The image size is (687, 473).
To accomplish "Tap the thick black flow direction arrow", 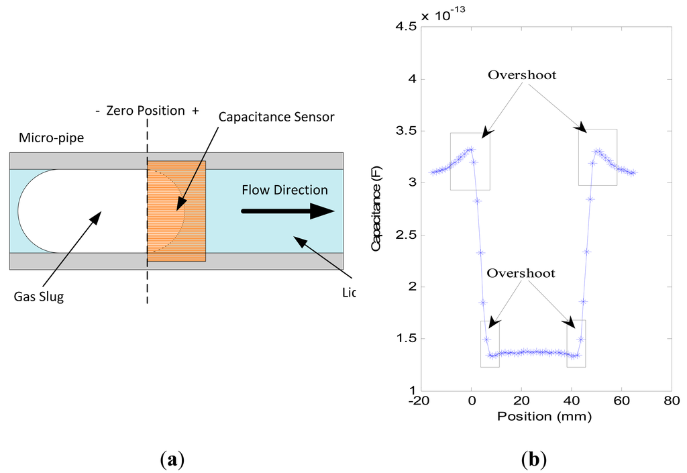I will coord(288,211).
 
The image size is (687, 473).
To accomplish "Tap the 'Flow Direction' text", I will coord(285,190).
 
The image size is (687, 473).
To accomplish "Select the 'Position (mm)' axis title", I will coord(544,417).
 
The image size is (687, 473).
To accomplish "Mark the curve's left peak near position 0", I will coord(471,149).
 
